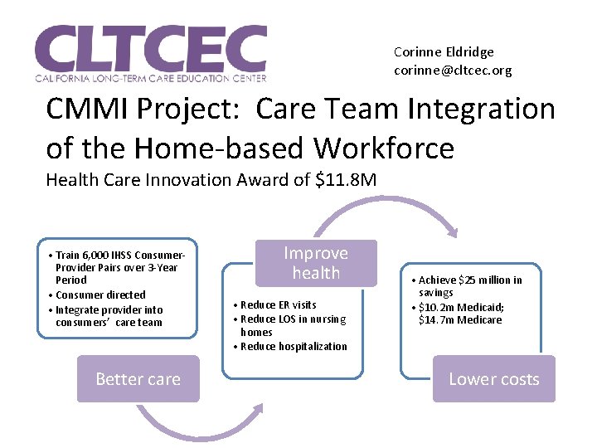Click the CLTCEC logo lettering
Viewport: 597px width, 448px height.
(x=150, y=47)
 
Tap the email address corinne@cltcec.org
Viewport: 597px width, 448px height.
(x=453, y=71)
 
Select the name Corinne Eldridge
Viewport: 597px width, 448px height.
(x=444, y=51)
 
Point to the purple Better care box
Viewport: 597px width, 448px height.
(x=138, y=379)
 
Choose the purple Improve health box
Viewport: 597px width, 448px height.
(x=316, y=263)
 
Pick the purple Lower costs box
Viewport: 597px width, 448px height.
(x=493, y=379)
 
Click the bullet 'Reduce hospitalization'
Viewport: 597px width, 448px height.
(x=294, y=346)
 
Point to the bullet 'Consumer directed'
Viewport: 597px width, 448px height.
(x=100, y=295)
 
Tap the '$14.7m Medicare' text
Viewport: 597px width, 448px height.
(x=460, y=319)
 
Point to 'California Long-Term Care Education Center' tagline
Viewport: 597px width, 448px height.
(x=150, y=78)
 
